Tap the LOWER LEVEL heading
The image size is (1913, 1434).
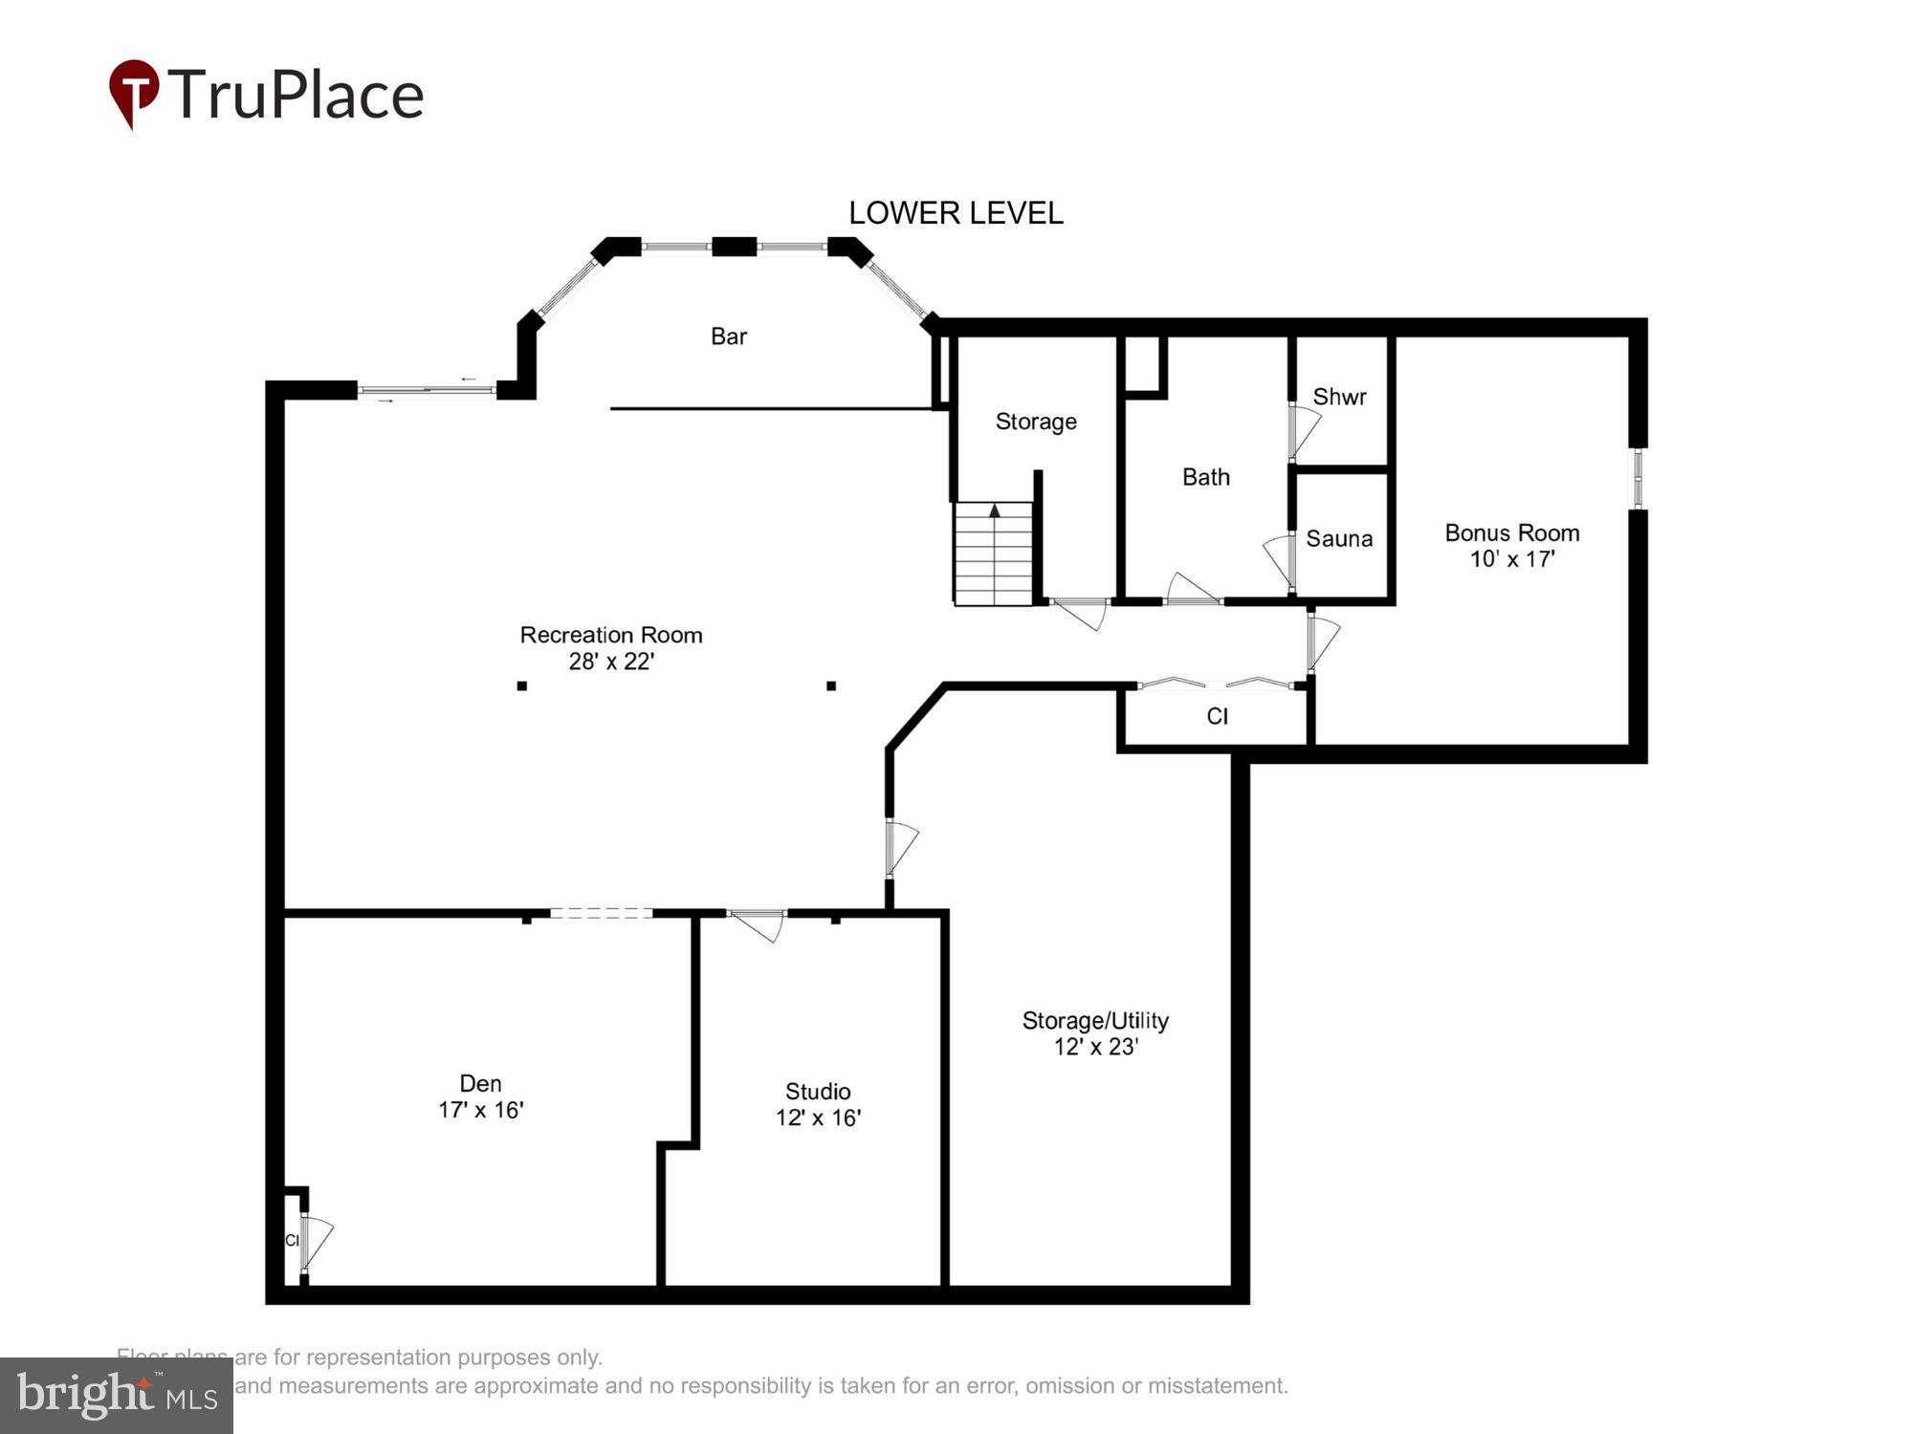[956, 213]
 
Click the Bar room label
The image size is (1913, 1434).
[728, 337]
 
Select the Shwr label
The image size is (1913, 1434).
[1339, 397]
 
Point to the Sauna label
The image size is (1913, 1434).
[1339, 539]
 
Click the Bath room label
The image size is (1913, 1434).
[1205, 477]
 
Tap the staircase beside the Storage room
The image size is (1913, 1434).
[994, 554]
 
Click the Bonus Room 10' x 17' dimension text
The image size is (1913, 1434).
[1511, 559]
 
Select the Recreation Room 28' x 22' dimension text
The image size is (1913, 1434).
[611, 662]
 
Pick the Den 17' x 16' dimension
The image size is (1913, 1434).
[480, 1110]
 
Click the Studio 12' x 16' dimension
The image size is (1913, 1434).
[818, 1118]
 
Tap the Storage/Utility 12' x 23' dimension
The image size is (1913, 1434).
[1095, 1047]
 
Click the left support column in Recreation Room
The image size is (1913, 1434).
[522, 685]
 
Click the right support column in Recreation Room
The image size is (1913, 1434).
[831, 685]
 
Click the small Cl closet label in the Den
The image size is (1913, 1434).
[293, 1241]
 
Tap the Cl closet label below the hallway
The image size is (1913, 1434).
[1217, 717]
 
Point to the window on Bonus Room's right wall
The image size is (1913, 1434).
[1638, 478]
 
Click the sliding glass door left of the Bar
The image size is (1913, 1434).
[427, 390]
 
